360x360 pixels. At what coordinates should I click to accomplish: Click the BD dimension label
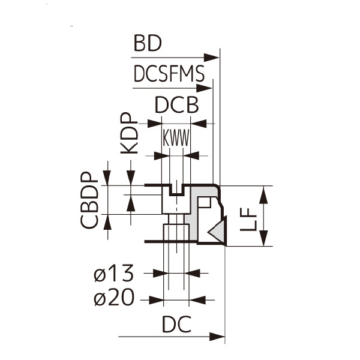pos(148,43)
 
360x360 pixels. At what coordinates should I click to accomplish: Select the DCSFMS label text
pos(169,73)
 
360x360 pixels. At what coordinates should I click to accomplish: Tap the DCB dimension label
pos(177,105)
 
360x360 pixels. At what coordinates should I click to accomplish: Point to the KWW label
pos(176,138)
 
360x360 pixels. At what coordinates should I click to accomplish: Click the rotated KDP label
pos(129,133)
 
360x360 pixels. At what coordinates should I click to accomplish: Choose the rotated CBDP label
pos(89,200)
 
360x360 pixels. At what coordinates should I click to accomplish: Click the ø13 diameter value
pos(113,273)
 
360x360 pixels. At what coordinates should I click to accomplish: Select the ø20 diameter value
pos(113,298)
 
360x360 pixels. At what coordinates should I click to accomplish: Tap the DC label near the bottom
pos(176,324)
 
